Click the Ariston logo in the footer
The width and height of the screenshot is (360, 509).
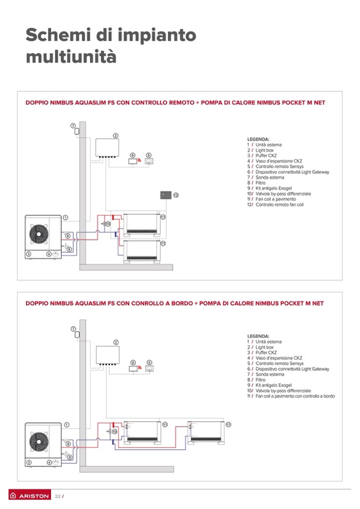pyautogui.click(x=30, y=496)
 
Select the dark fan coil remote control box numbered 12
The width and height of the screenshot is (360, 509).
pyautogui.click(x=166, y=195)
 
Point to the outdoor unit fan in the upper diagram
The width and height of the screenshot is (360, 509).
pyautogui.click(x=40, y=233)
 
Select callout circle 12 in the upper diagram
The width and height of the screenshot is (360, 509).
pyautogui.click(x=176, y=195)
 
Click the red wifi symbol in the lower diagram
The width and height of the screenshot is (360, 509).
pyautogui.click(x=140, y=366)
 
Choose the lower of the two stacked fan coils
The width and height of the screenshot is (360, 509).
pyautogui.click(x=141, y=251)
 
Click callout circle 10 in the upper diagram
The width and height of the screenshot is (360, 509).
pyautogui.click(x=108, y=224)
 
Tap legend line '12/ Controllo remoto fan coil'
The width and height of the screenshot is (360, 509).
pyautogui.click(x=275, y=205)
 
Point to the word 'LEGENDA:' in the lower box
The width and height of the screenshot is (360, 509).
pyautogui.click(x=258, y=336)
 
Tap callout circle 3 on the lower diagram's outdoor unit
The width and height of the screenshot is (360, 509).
pyautogui.click(x=29, y=462)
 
